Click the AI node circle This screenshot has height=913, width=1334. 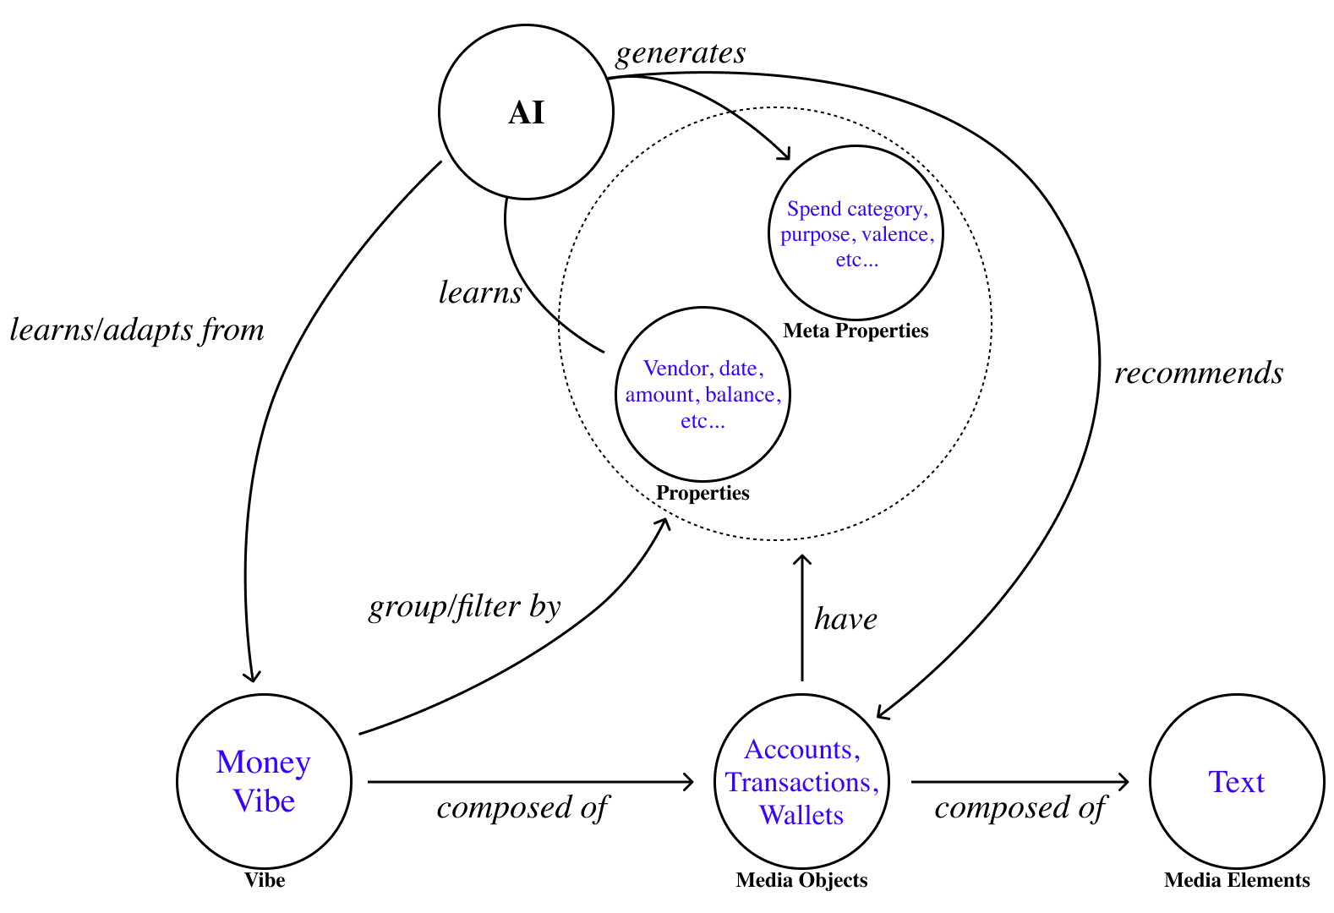coord(526,112)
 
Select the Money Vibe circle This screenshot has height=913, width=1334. coord(264,782)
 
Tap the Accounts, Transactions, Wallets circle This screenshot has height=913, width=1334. coord(801,782)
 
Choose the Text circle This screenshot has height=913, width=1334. coord(1237,782)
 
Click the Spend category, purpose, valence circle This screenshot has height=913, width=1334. coord(856,233)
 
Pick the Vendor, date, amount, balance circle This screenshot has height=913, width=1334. coord(703,395)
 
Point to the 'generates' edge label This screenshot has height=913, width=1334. coord(681,53)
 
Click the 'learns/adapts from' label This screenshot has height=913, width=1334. coord(137,330)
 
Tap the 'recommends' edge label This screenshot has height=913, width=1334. coord(1199,373)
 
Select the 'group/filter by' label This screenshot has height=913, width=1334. coord(464,607)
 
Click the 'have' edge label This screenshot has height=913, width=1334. coord(845,619)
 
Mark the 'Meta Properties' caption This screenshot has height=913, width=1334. coord(856,331)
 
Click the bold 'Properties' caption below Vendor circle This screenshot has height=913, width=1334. coord(703,493)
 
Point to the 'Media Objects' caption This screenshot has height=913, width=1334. coord(801,880)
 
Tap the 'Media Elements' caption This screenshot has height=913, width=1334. coord(1237,880)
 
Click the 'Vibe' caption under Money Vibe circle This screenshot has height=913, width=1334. coord(265,880)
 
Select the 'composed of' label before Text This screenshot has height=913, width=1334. coord(1020,808)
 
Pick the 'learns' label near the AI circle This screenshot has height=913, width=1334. coord(480,292)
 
